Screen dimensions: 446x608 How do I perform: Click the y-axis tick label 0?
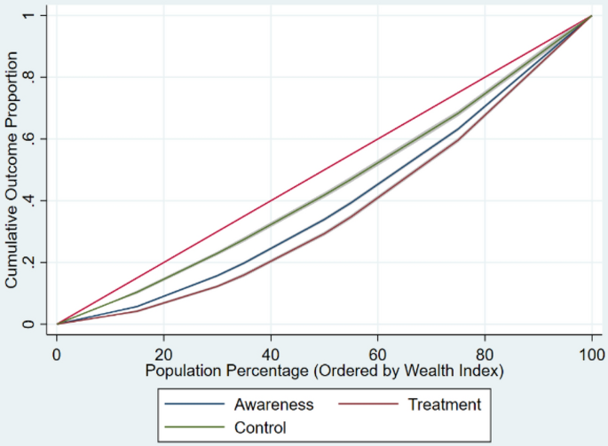tap(29, 325)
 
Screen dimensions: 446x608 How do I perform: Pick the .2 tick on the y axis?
tap(29, 262)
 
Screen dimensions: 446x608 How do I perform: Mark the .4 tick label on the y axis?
tap(29, 200)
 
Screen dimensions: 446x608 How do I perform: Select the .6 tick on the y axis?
tap(29, 139)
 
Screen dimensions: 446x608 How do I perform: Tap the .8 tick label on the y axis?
tap(29, 77)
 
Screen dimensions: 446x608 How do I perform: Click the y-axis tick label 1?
tap(29, 16)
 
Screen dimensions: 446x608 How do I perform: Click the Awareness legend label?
tap(274, 405)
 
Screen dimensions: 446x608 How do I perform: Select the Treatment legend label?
tap(444, 405)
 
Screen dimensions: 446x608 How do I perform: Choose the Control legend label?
tap(261, 427)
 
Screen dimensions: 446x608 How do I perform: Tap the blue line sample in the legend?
tap(194, 405)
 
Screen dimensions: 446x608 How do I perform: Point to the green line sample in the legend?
tap(194, 427)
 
